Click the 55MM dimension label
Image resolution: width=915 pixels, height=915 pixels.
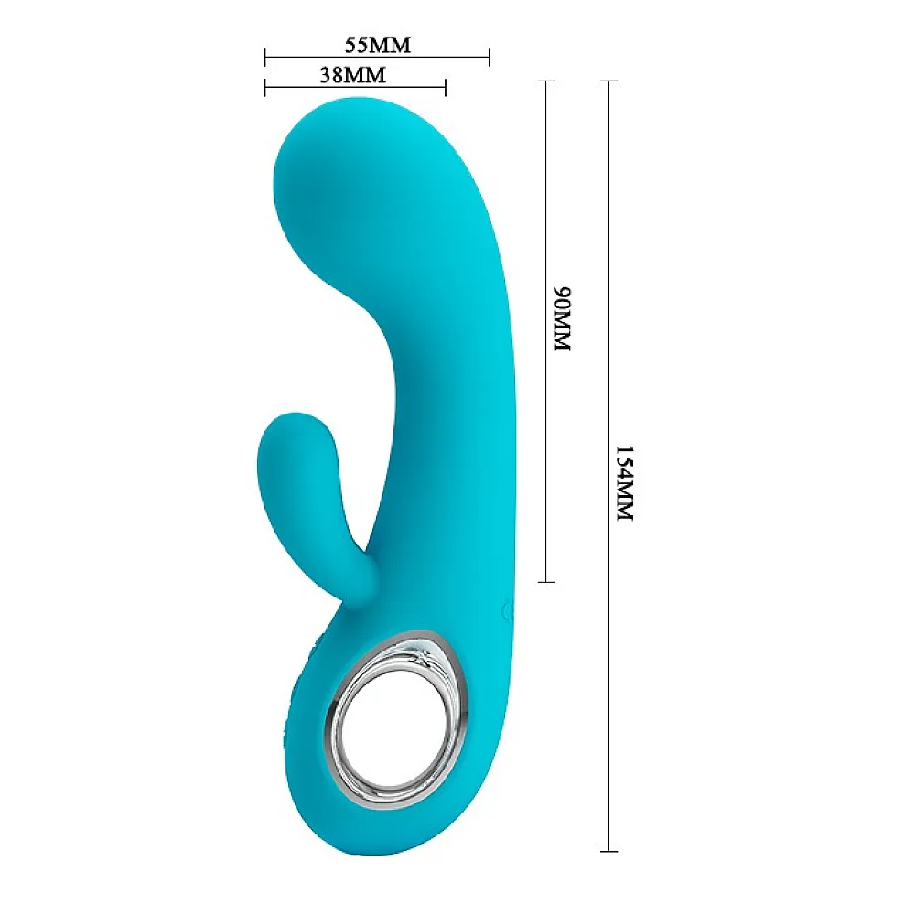click(x=378, y=45)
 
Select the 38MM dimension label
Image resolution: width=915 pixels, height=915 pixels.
click(x=352, y=75)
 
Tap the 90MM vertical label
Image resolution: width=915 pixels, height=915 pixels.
click(x=562, y=318)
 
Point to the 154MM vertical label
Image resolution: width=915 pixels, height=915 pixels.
click(x=624, y=483)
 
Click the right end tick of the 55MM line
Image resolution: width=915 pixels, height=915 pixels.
click(x=489, y=57)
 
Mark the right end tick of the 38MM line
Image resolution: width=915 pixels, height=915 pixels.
click(x=446, y=88)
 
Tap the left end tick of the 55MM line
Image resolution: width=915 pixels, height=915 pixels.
click(x=265, y=57)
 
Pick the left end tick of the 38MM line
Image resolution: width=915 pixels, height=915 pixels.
click(x=265, y=88)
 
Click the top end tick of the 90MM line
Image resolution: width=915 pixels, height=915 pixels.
click(x=546, y=81)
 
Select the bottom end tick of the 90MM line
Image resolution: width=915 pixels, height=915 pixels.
click(x=546, y=582)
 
